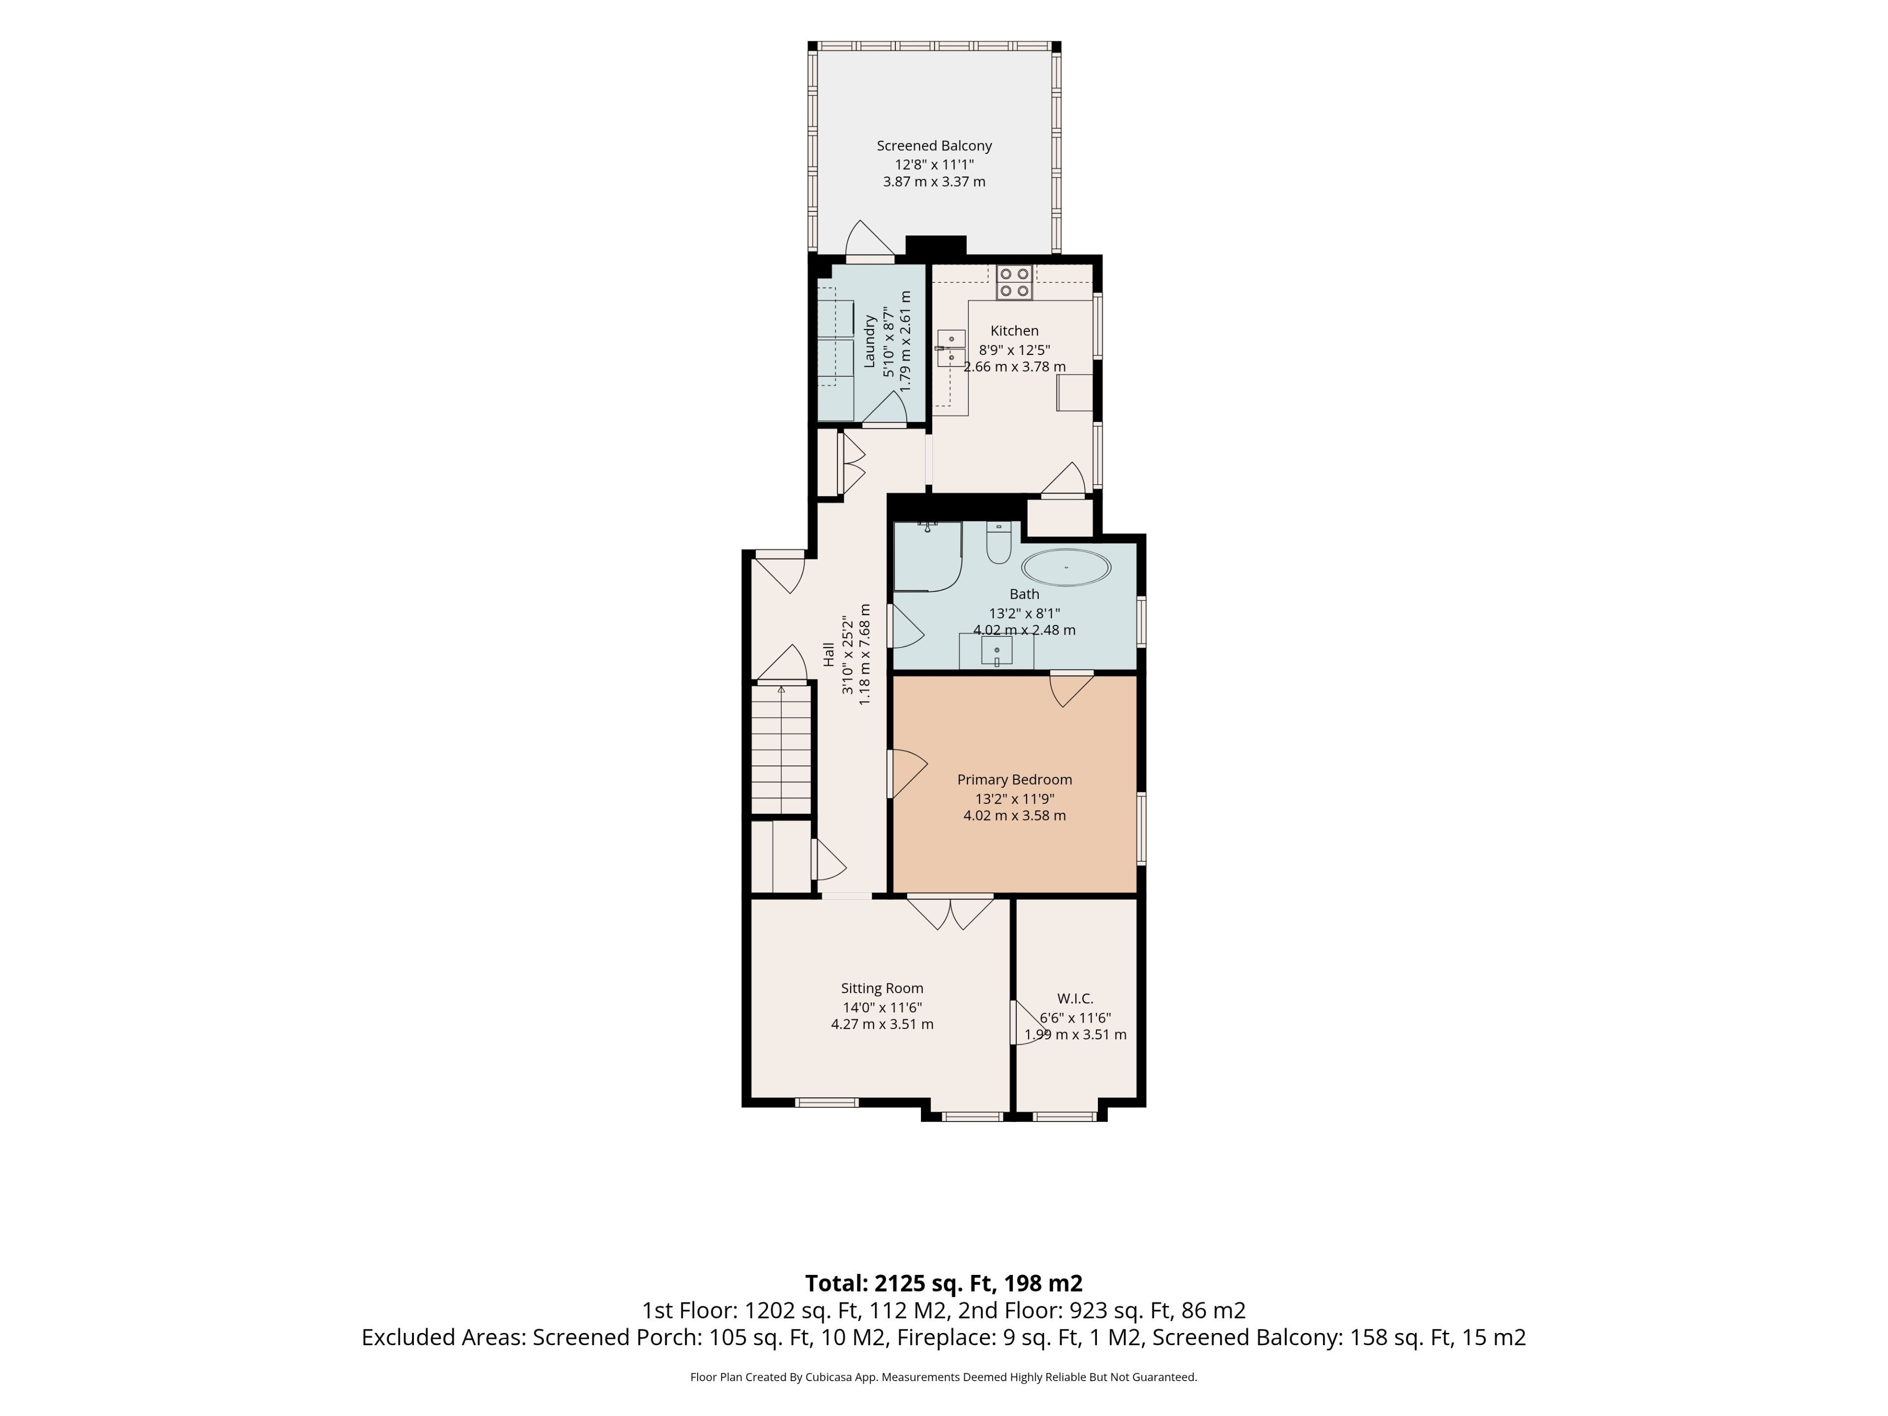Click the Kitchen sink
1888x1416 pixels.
pyautogui.click(x=951, y=348)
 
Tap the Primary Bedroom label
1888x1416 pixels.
pyautogui.click(x=1014, y=779)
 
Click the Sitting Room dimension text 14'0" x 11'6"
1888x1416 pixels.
pyautogui.click(x=882, y=1007)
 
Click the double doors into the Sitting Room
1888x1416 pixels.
pyautogui.click(x=950, y=912)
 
